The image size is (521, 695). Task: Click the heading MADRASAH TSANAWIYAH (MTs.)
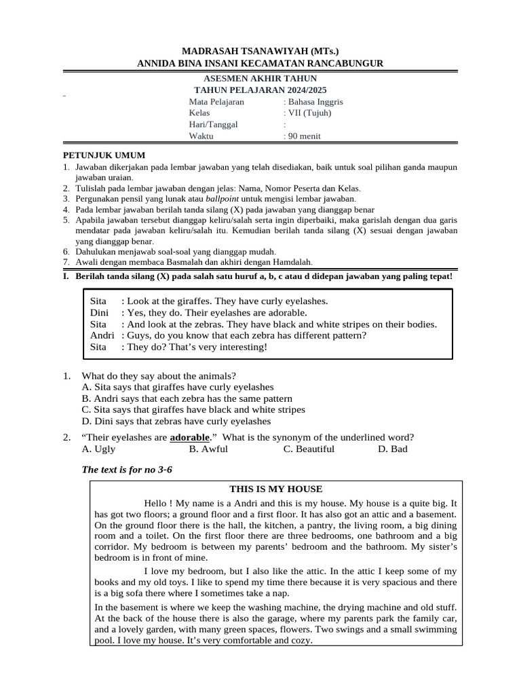click(260, 52)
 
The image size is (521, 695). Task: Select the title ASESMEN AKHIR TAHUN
click(260, 79)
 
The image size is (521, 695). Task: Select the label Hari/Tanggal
click(214, 124)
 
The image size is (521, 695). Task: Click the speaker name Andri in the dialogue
click(102, 335)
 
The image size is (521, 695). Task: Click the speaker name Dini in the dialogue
click(99, 313)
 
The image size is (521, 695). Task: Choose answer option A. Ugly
click(98, 449)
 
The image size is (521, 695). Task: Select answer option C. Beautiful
click(309, 449)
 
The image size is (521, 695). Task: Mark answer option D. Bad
click(393, 449)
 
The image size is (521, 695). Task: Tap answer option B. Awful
click(208, 449)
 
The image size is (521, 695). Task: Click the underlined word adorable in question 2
click(189, 437)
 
